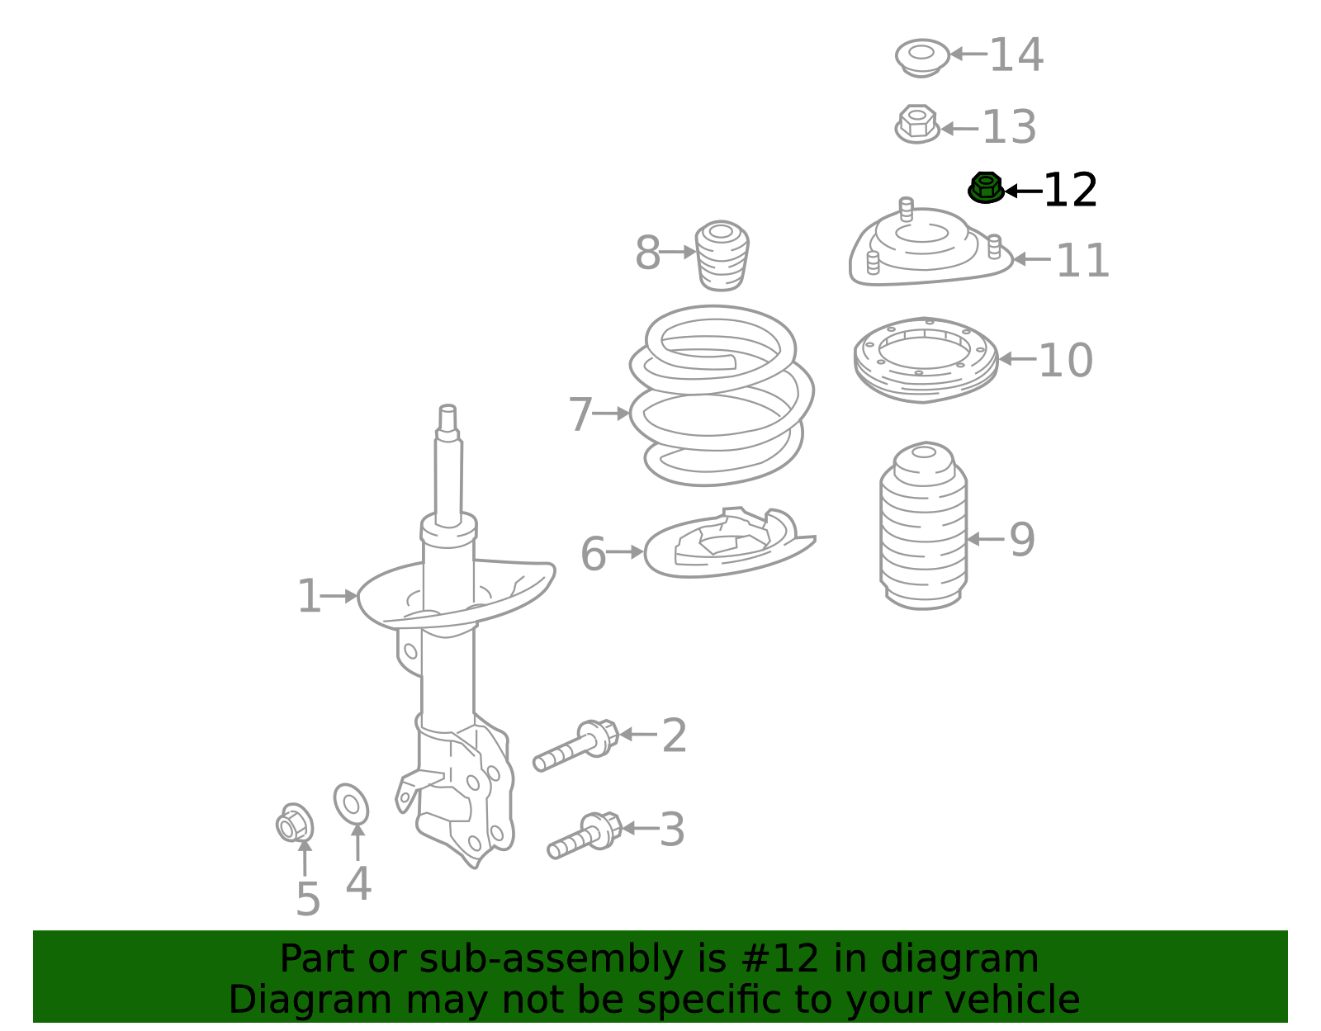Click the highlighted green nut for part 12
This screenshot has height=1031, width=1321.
985,188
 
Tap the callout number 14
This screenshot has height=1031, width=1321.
1016,55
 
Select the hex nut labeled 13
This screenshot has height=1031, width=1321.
916,125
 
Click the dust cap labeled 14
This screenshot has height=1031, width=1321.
921,57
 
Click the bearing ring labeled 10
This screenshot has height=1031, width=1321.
926,359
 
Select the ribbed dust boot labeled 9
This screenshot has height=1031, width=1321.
923,528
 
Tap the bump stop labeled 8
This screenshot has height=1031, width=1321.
722,256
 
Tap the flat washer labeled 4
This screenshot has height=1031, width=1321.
351,805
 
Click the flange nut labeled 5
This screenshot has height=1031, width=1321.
294,824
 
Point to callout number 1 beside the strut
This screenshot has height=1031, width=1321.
308,597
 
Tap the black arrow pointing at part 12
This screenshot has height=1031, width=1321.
1022,192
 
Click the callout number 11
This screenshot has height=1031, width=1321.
1082,261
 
